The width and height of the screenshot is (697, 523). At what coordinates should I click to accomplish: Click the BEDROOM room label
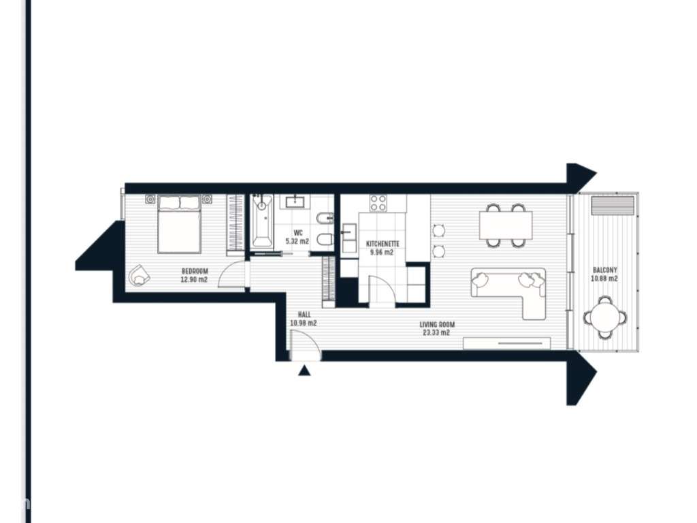click(x=194, y=271)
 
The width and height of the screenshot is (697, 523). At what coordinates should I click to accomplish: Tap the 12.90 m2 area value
click(x=194, y=279)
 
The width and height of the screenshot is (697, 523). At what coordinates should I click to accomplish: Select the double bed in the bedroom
click(x=179, y=223)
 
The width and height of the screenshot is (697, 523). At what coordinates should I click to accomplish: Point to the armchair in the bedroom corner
click(x=140, y=274)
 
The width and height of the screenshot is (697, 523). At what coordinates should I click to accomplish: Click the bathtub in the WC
click(x=261, y=222)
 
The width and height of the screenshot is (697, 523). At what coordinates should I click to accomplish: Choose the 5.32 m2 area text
click(x=297, y=241)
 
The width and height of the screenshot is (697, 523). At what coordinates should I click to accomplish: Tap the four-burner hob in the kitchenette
click(x=378, y=203)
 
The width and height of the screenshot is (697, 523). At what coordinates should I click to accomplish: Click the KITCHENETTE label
click(x=383, y=244)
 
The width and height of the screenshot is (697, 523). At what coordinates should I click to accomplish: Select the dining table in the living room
click(x=506, y=225)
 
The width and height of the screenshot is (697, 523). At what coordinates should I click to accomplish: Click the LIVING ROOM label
click(x=437, y=325)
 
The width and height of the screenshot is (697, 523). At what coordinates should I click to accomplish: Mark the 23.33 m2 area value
click(x=437, y=333)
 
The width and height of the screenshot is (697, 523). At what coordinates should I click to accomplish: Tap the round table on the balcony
click(x=605, y=317)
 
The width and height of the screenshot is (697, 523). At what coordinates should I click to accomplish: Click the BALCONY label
click(x=604, y=270)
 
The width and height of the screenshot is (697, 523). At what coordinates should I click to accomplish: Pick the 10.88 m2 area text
click(x=604, y=279)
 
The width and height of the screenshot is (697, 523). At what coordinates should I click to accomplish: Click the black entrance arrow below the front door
click(x=305, y=370)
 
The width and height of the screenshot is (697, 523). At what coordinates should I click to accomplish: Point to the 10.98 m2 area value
click(x=303, y=323)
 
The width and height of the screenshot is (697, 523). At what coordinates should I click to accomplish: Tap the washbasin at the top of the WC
click(x=295, y=201)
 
